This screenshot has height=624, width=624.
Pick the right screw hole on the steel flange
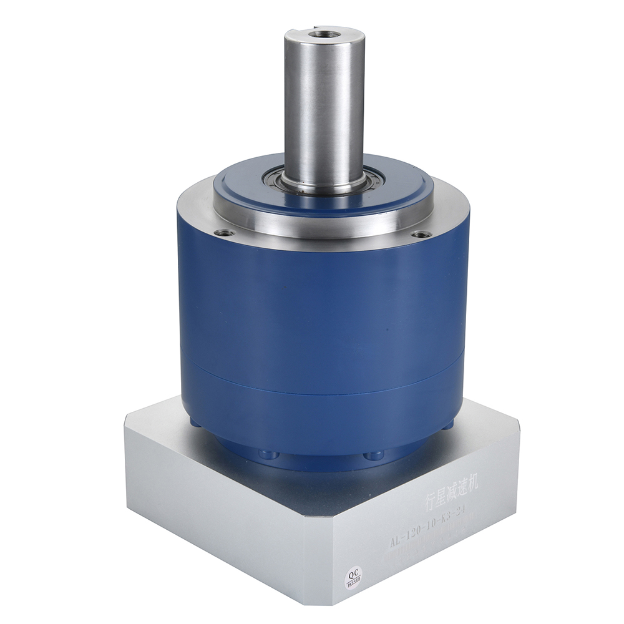422,234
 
